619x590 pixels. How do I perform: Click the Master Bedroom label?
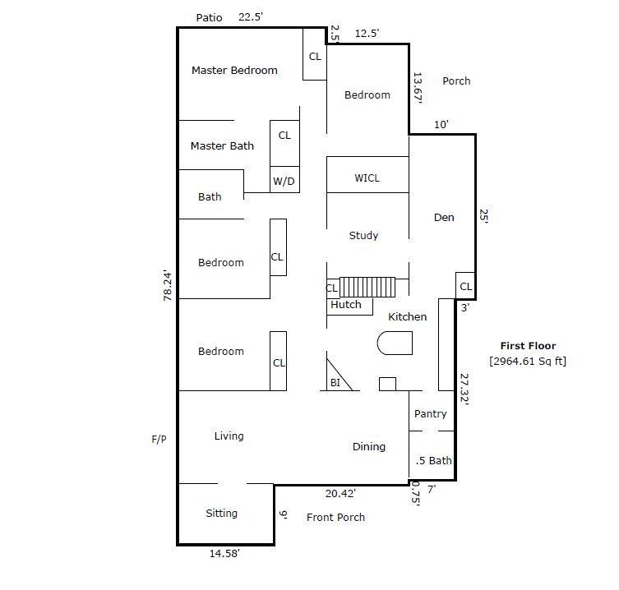234,71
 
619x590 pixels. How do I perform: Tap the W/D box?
284,181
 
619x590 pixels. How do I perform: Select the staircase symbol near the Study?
367,288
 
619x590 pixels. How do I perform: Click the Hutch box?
346,305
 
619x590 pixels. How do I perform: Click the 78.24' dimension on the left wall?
169,285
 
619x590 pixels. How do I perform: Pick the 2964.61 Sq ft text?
527,361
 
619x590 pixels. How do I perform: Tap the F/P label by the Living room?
159,440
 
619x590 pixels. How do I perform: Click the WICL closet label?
367,178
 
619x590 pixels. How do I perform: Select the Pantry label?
430,414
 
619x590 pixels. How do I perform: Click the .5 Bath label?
433,460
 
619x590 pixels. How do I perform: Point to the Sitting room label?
221,514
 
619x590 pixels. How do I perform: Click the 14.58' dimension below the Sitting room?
224,554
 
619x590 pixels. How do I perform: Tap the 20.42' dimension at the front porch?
340,494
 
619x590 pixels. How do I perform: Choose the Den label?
444,218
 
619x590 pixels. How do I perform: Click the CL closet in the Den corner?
465,287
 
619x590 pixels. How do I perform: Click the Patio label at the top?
210,17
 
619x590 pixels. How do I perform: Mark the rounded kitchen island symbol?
394,343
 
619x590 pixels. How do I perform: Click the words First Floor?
528,346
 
